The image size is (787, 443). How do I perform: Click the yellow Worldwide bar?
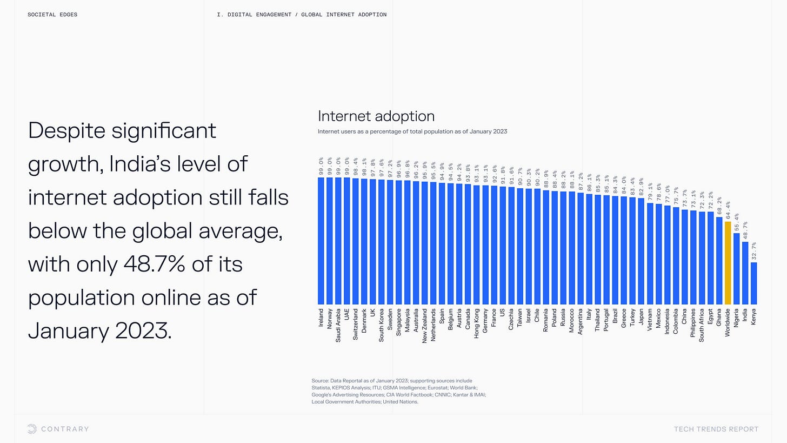(x=728, y=263)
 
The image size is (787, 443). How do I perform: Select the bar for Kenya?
(x=753, y=283)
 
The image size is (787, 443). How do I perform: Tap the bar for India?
(x=745, y=273)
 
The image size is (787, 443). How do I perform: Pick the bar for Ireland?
(x=321, y=241)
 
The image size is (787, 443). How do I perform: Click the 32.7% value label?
(x=753, y=251)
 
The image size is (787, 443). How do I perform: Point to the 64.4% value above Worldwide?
(x=728, y=210)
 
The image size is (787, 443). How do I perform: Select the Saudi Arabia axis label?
(x=338, y=325)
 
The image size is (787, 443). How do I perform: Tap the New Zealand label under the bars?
(x=424, y=326)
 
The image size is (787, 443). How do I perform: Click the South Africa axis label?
(x=702, y=325)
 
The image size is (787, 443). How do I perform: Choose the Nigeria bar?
(x=736, y=269)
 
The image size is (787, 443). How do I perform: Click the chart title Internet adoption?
(x=376, y=116)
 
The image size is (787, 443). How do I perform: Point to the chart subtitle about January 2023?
(x=412, y=131)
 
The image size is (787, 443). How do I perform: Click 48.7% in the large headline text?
(x=154, y=264)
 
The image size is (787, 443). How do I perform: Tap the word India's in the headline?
(x=140, y=164)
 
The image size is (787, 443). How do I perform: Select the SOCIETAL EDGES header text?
(x=52, y=15)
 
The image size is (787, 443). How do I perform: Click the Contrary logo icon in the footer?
(x=32, y=429)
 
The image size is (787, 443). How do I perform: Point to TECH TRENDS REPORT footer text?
(x=716, y=429)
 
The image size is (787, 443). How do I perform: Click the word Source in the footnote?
(x=319, y=381)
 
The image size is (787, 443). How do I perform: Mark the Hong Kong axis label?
(x=476, y=323)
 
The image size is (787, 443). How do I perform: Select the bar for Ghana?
(x=719, y=261)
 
